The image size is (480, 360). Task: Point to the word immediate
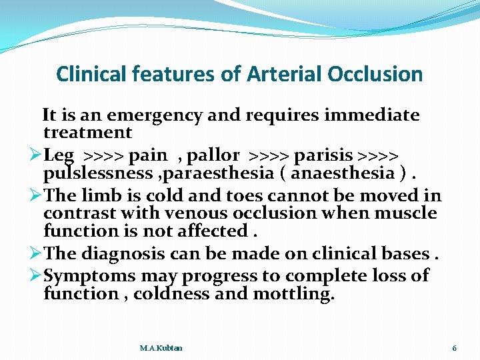(377, 115)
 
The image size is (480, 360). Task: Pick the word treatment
(87, 133)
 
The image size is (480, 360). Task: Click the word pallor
(213, 156)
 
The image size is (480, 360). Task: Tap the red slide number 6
(454, 348)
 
